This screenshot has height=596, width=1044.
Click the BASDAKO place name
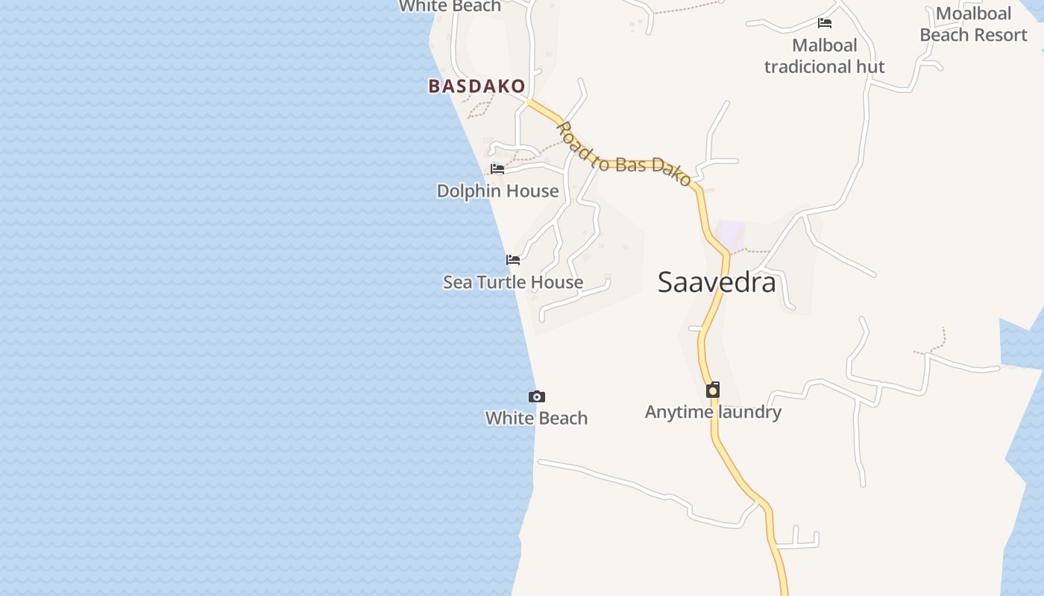coord(477,86)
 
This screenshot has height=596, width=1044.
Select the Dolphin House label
coord(497,191)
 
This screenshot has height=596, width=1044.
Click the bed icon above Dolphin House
coord(497,169)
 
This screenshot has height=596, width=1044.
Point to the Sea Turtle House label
coord(513,282)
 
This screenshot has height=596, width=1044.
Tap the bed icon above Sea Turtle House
coord(513,260)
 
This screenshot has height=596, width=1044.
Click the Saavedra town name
coord(717,282)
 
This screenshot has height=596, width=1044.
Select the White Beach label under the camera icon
coord(536,419)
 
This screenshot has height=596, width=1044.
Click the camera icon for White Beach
coord(536,397)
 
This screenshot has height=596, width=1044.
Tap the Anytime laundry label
coord(713,412)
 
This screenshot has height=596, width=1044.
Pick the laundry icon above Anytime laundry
coord(713,390)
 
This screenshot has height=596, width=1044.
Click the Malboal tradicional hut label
coord(824,56)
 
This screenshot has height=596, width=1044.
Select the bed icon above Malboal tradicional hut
coord(825,23)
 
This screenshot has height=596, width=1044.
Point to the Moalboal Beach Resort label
coord(973,24)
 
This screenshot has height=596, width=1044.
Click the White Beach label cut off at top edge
coord(450,7)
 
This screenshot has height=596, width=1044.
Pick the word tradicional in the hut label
coord(808,67)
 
